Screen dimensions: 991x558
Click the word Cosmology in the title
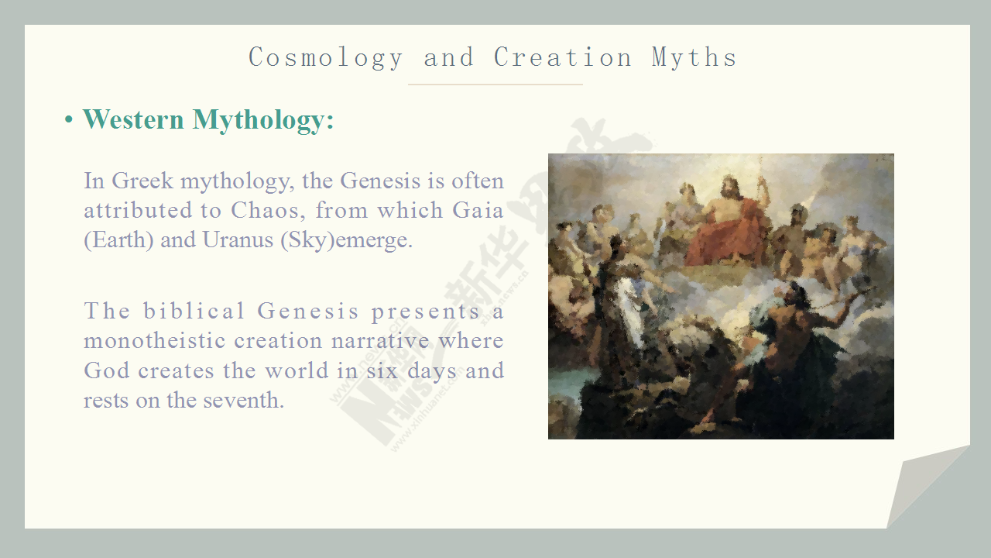326,58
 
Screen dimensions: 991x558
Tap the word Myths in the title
694,58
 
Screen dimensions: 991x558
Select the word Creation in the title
562,57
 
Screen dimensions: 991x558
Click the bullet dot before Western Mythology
69,119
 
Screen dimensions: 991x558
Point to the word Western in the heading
133,119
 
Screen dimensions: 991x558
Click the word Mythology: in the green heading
263,120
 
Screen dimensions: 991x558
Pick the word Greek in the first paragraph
142,181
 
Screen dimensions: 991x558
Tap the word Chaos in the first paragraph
268,210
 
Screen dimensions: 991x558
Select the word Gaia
478,210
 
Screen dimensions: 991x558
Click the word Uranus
238,240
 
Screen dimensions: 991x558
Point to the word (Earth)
118,240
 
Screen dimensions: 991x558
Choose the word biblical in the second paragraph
194,311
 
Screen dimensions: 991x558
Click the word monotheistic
155,341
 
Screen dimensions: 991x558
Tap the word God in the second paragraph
107,370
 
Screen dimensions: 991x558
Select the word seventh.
243,401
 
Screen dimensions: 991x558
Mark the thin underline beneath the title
495,84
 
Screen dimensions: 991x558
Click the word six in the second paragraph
382,370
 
